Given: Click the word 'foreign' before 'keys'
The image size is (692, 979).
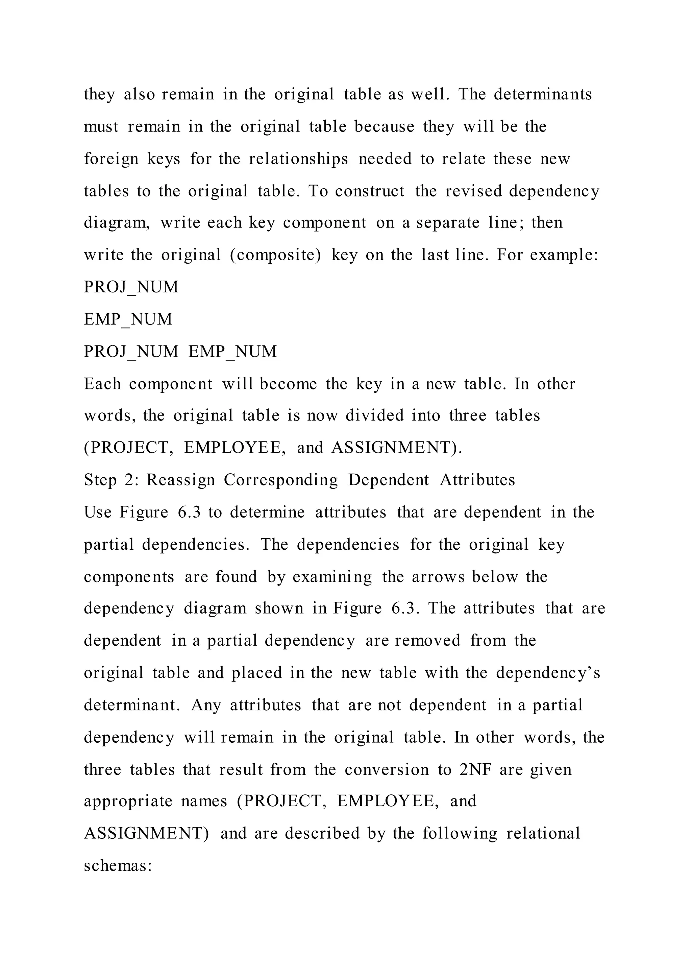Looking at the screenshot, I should [111, 159].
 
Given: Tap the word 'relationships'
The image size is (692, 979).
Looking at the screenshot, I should [298, 159].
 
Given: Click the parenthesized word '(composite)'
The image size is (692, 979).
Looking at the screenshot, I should [275, 255].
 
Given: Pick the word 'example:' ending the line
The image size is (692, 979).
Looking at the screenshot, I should [564, 255].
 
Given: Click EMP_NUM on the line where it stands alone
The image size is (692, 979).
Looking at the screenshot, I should [128, 319].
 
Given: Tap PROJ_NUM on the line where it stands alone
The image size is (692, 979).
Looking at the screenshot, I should [131, 287].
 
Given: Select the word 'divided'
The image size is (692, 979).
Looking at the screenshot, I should [374, 415].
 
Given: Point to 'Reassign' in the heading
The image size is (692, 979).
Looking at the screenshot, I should [181, 480].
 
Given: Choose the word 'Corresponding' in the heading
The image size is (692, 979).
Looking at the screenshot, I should [281, 480].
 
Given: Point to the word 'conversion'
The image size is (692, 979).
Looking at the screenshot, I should [387, 770].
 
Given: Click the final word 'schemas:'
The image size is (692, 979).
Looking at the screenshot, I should [118, 865].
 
